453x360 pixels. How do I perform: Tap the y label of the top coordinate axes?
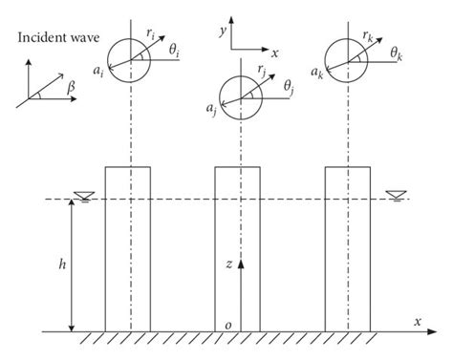[x=222, y=32]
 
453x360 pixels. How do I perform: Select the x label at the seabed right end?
[x=417, y=321]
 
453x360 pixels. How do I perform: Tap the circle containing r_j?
[x=238, y=96]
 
